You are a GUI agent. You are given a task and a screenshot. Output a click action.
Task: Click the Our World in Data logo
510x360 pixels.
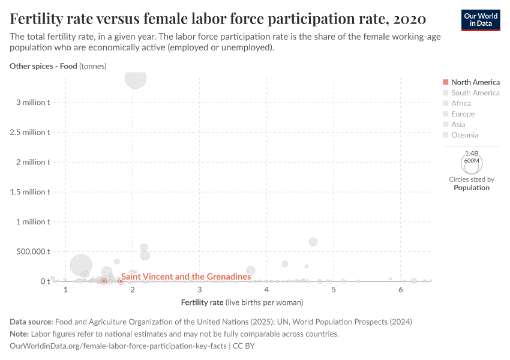pos(481,20)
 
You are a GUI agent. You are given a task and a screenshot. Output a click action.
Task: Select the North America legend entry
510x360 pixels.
pos(475,82)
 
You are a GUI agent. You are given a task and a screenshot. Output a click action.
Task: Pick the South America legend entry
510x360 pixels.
pos(475,93)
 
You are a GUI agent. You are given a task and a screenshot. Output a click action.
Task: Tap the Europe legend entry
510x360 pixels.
pos(463,114)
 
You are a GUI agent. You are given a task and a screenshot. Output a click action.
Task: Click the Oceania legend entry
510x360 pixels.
pos(464,135)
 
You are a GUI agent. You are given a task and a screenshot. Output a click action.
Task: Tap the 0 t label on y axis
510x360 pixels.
pos(45,281)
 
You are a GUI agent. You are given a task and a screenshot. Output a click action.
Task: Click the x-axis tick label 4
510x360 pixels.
pos(266,290)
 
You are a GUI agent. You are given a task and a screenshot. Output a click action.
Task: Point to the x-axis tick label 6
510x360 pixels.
pos(400,290)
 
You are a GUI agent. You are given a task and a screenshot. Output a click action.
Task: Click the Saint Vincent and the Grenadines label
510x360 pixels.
pos(186,277)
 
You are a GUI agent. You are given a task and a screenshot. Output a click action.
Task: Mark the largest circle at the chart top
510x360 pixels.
pos(136,77)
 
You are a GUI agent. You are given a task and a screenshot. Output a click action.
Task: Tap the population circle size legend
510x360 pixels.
pos(472,163)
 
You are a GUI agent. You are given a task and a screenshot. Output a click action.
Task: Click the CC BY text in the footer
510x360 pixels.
pos(244,346)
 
